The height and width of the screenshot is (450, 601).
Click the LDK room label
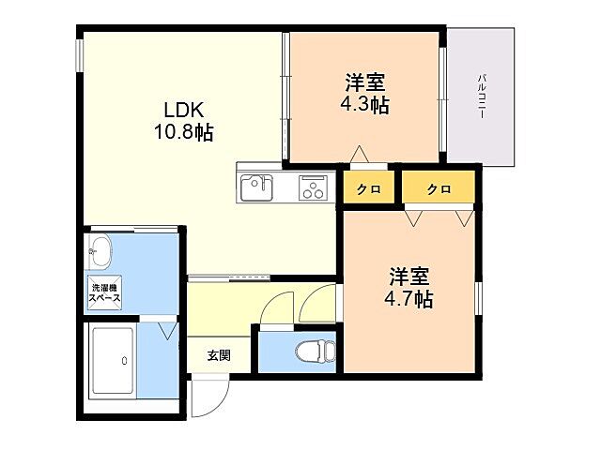[184, 108]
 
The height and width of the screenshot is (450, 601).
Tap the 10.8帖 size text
[184, 132]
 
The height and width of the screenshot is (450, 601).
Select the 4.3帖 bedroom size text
[364, 105]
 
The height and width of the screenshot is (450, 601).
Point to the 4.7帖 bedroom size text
[409, 300]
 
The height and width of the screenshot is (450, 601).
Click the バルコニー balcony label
[482, 94]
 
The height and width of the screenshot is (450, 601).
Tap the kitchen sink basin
[256, 188]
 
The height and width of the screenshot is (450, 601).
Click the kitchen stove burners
[311, 188]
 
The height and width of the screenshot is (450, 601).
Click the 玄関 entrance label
[219, 355]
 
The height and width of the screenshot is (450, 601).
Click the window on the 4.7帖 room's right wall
[478, 300]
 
